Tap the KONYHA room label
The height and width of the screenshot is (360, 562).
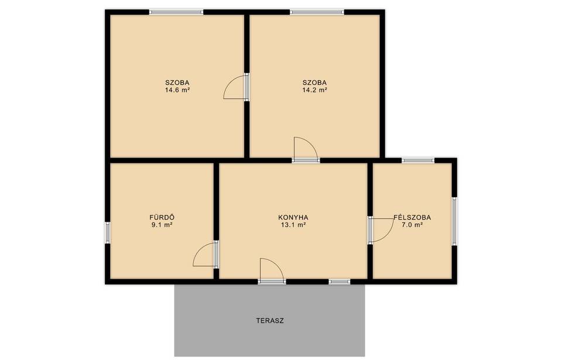coord(293,217)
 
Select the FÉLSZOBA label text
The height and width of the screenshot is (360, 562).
coord(412,217)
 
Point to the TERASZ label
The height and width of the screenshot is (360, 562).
coord(270,321)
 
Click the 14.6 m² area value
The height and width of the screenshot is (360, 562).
coord(177,90)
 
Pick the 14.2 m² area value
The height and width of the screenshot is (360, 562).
coord(314,90)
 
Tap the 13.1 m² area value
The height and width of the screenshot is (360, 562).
coord(293,225)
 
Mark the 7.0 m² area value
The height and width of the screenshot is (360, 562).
coord(412,225)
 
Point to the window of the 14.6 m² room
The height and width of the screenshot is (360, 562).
coord(176,12)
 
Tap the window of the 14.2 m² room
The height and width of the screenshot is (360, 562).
coord(317,12)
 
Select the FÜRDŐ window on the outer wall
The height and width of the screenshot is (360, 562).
coord(108,233)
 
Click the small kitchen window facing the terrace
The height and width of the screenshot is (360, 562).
coord(340,282)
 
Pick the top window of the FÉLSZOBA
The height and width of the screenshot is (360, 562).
coord(418,160)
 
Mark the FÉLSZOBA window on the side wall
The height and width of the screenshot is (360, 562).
coord(454,221)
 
